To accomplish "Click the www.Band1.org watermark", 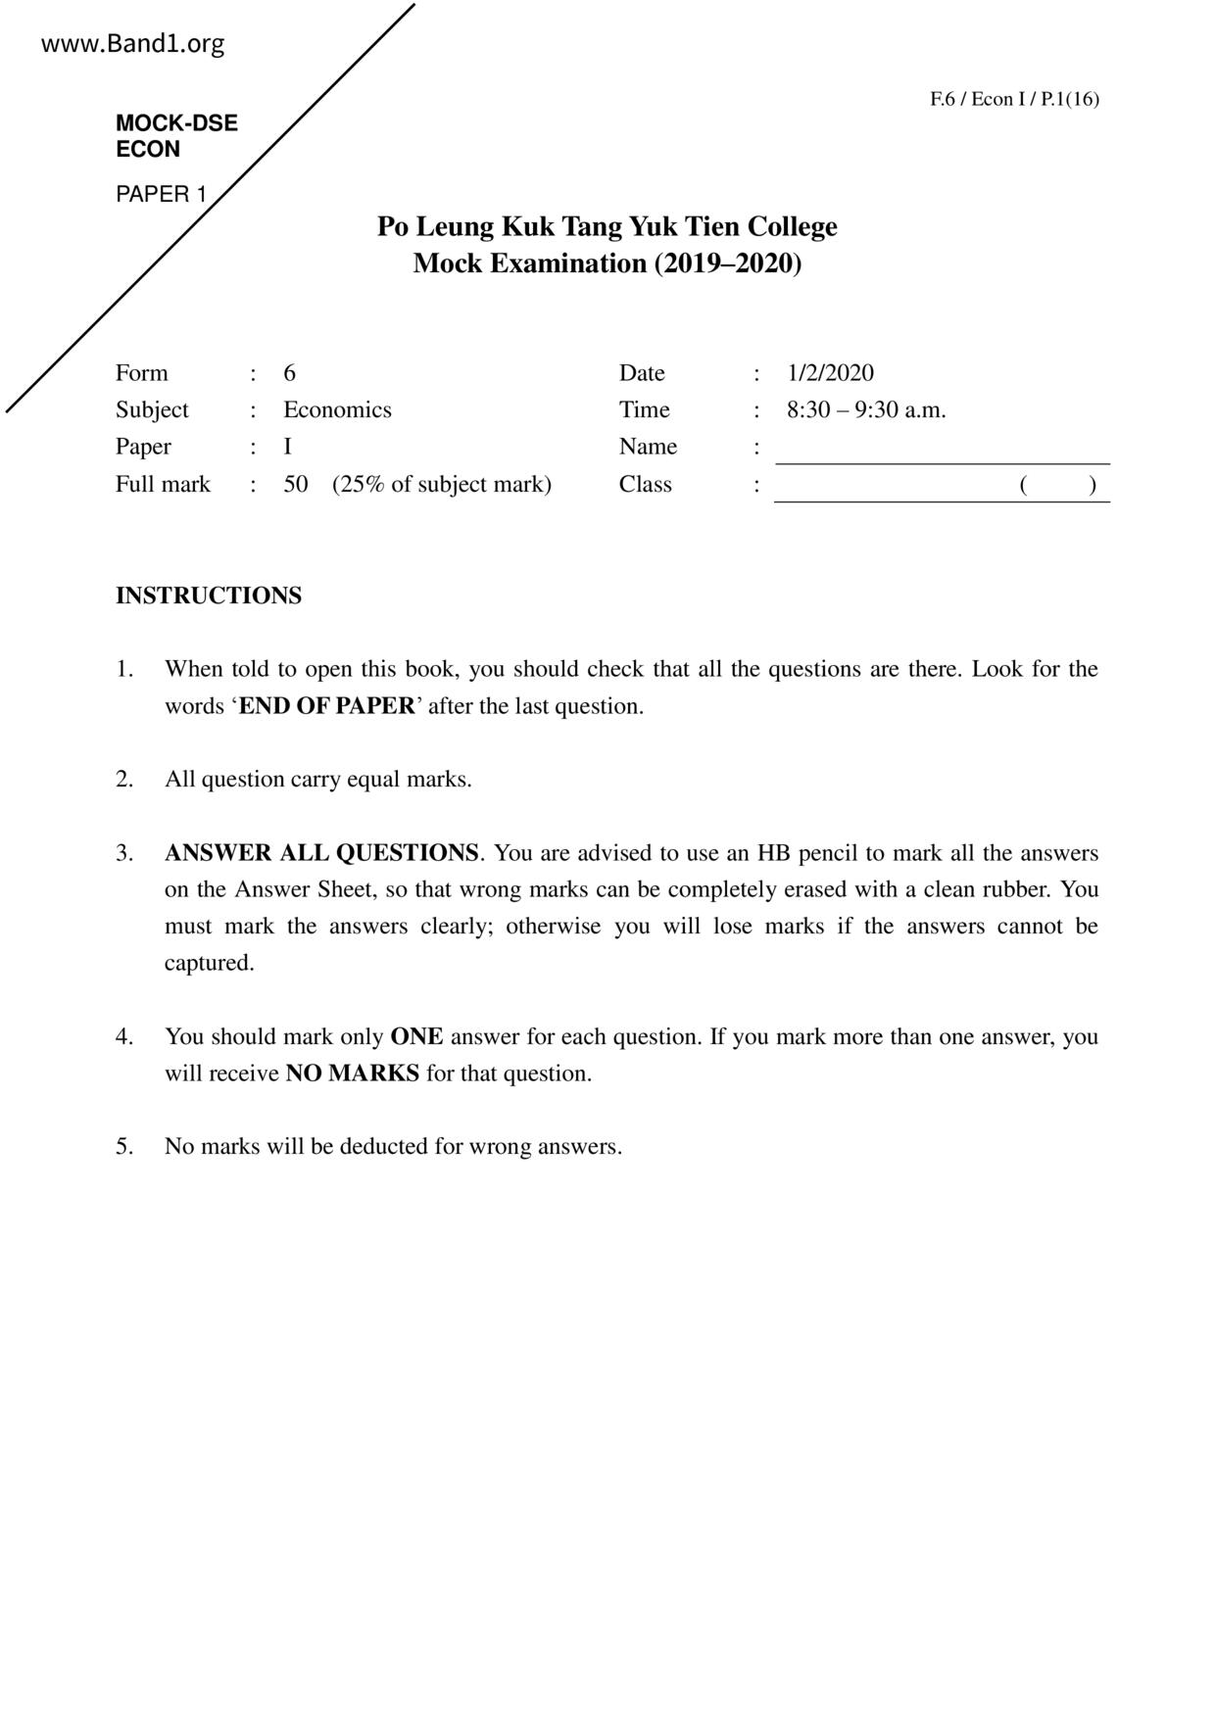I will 133,44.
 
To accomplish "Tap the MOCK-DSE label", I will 176,123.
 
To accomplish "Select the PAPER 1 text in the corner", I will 162,194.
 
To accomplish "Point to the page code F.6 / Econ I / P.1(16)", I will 1014,99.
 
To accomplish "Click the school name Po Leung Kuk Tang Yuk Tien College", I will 607,226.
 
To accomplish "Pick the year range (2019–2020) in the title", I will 728,263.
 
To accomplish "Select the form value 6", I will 290,373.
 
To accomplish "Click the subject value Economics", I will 337,409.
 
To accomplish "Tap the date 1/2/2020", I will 830,373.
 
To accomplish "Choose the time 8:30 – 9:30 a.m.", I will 866,409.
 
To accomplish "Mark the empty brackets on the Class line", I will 1057,484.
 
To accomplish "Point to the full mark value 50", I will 296,484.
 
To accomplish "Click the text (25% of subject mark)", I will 442,484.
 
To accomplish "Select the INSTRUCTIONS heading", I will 209,596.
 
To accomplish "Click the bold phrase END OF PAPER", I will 326,706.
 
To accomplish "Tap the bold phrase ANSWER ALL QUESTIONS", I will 321,853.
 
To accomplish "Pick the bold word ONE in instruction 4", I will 416,1036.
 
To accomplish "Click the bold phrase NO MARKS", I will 352,1074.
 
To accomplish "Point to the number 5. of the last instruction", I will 124,1147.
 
